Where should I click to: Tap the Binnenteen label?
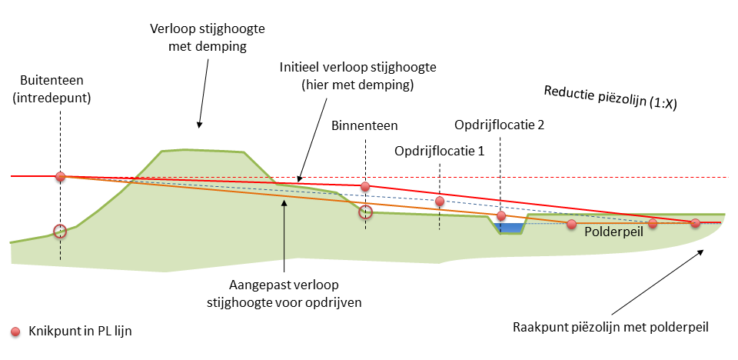[x=365, y=125]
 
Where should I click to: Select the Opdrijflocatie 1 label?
[x=439, y=151]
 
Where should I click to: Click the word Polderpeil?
[x=613, y=232]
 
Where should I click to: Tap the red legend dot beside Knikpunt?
[x=16, y=332]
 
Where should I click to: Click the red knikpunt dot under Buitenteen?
[x=60, y=176]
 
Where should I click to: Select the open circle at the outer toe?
[x=60, y=231]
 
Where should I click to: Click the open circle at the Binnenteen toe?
[x=366, y=213]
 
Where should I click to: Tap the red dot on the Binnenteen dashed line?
[x=366, y=186]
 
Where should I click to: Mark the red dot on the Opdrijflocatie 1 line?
[x=440, y=202]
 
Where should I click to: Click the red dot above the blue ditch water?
[x=501, y=215]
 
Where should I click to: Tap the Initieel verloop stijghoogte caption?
[x=357, y=75]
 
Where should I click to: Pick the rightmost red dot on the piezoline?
[x=695, y=223]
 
